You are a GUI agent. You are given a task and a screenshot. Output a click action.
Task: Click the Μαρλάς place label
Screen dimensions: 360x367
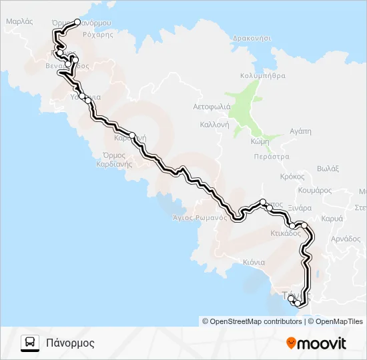tap(19, 21)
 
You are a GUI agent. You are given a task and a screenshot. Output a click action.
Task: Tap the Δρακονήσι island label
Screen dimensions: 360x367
tap(252, 39)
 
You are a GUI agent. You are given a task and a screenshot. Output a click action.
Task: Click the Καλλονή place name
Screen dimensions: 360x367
tap(214, 125)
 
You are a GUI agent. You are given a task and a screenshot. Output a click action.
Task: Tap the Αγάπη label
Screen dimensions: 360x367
tap(300, 131)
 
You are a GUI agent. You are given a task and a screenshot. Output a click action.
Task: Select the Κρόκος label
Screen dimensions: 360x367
tap(292, 177)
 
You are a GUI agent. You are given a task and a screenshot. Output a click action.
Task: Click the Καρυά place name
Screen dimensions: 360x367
tap(332, 218)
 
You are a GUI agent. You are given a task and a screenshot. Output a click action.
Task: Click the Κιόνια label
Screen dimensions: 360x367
tap(254, 262)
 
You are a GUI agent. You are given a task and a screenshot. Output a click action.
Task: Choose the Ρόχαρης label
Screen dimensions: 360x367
tap(99, 35)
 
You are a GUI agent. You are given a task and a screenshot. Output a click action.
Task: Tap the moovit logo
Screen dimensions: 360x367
tap(316, 343)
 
